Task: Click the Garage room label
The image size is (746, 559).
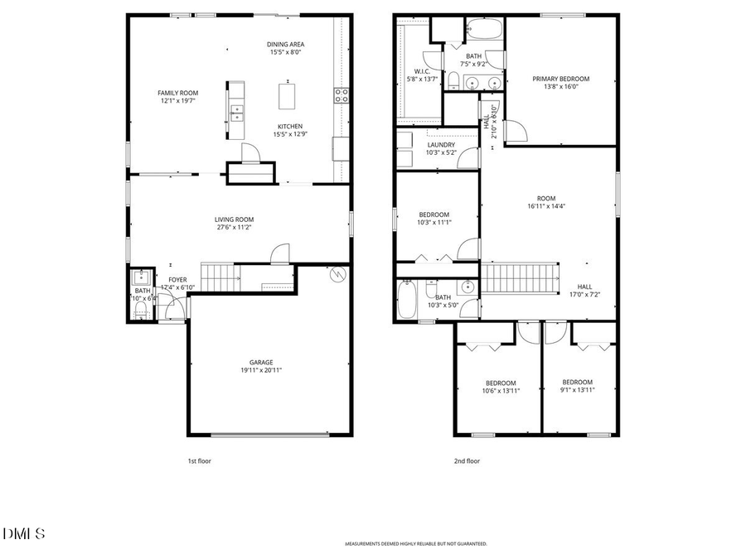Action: click(261, 362)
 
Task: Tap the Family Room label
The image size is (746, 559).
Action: click(178, 93)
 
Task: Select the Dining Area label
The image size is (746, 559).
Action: click(284, 45)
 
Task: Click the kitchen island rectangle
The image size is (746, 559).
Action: click(288, 97)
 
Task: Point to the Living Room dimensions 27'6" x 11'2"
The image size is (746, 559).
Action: click(233, 227)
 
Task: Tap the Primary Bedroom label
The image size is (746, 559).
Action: click(561, 79)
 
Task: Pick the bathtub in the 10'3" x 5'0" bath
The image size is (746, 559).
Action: click(407, 300)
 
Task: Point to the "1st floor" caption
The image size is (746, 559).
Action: click(199, 461)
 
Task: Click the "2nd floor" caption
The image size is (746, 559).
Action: click(467, 461)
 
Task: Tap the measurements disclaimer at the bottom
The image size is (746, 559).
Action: click(416, 544)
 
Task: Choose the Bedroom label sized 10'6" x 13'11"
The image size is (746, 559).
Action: click(501, 383)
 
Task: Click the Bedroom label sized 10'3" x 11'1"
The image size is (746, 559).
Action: click(434, 214)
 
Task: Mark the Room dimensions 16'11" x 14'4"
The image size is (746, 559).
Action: click(546, 206)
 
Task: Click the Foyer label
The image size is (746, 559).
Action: click(178, 280)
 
